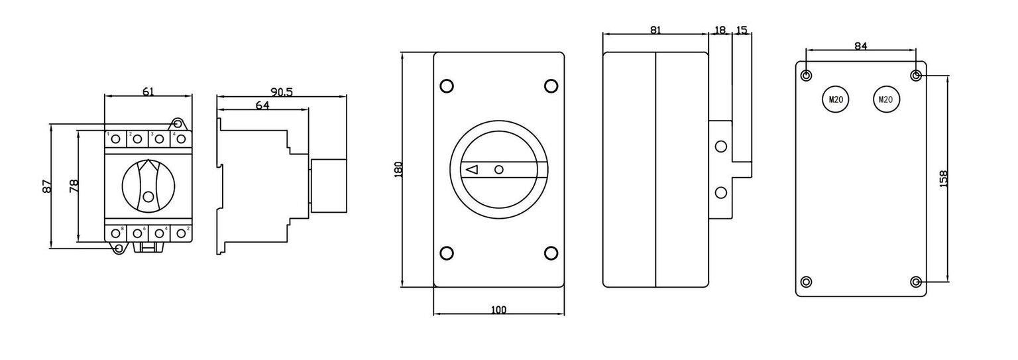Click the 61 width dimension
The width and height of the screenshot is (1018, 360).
[148, 91]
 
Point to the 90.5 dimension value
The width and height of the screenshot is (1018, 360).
[282, 92]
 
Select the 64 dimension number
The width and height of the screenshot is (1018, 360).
[262, 104]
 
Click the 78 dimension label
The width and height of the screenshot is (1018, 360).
[74, 186]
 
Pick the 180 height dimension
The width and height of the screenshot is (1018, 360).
[398, 170]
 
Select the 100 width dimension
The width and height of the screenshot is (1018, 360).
[498, 310]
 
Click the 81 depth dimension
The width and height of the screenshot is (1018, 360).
[655, 30]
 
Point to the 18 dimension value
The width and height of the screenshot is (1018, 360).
[720, 30]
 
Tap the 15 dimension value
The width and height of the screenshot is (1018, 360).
[742, 30]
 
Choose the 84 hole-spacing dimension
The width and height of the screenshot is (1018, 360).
[860, 46]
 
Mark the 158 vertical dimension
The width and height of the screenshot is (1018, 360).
[944, 178]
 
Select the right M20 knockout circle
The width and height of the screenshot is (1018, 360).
[885, 99]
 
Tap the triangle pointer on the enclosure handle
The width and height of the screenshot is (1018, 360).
[472, 170]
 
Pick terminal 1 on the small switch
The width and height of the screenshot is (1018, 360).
[116, 139]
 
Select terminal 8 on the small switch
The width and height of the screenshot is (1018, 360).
[116, 233]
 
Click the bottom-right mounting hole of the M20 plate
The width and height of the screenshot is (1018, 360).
[915, 282]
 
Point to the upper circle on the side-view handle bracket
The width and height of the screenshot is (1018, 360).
[720, 147]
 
